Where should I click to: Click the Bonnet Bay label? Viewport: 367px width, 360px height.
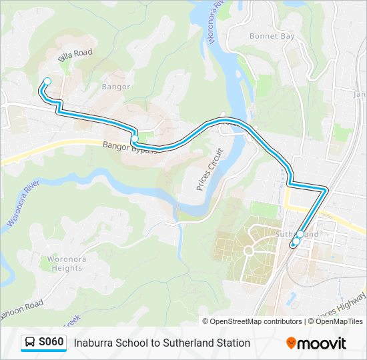click(272, 36)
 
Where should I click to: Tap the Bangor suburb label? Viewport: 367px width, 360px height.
click(116, 87)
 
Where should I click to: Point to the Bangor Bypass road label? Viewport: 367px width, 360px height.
click(130, 147)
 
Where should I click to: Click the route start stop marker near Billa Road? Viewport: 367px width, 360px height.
click(47, 81)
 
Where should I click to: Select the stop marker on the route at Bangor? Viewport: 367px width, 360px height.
click(135, 139)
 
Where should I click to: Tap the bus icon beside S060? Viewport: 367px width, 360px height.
click(30, 343)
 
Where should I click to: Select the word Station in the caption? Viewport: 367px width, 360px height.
click(232, 343)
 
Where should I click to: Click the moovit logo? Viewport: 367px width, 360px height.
click(316, 343)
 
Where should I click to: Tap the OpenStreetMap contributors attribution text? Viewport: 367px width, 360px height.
click(256, 321)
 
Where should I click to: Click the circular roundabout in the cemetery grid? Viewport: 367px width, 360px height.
click(249, 251)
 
